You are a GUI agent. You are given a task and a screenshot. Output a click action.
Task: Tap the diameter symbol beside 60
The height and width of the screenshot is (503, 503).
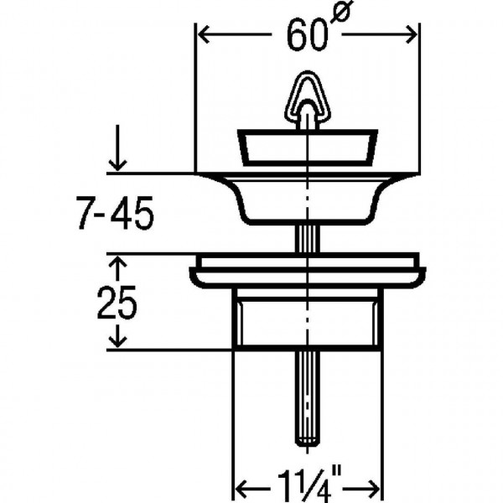pyautogui.click(x=341, y=12)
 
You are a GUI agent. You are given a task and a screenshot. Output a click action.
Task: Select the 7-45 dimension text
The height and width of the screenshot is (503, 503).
pyautogui.click(x=115, y=213)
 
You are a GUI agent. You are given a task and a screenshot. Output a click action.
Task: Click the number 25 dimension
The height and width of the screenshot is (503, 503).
pyautogui.click(x=117, y=303)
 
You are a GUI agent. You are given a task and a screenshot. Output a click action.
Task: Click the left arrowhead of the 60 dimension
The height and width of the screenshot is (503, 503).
pyautogui.click(x=204, y=34)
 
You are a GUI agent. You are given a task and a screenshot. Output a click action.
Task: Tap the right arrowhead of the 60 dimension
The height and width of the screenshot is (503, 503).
pyautogui.click(x=412, y=34)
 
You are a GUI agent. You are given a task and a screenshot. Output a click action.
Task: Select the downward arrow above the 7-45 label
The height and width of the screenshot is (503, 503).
pyautogui.click(x=117, y=148)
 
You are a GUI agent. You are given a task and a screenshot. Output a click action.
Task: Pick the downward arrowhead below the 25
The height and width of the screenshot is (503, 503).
pyautogui.click(x=117, y=340)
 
